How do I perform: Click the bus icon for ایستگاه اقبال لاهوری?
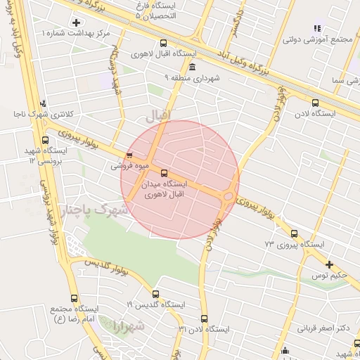[164, 42]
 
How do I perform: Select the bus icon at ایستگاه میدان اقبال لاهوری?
[165, 173]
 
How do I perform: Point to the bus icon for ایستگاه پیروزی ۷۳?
[294, 234]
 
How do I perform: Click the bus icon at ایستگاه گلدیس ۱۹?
[155, 294]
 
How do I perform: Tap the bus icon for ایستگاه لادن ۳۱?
[204, 319]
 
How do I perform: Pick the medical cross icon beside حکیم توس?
[329, 264]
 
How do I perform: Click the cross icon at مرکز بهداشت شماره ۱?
[76, 23]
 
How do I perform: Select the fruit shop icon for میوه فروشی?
[128, 155]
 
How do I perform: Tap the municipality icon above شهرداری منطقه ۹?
[192, 66]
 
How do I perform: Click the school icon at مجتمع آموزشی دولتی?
[317, 28]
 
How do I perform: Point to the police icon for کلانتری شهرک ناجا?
[43, 103]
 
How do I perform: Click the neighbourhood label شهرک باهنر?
[96, 210]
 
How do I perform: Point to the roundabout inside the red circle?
[229, 196]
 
